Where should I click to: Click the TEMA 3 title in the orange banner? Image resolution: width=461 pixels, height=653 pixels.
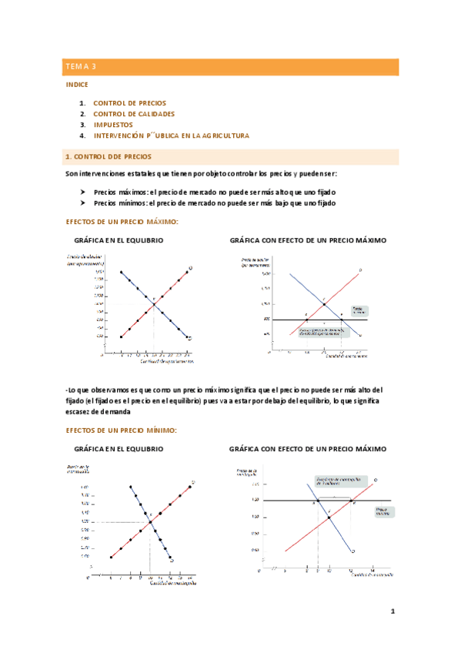point(81,68)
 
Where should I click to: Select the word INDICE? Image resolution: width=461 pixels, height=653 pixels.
point(78,84)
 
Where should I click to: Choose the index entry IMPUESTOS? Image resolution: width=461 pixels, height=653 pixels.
point(113,124)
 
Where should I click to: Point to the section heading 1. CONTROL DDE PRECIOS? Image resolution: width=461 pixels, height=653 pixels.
point(113,156)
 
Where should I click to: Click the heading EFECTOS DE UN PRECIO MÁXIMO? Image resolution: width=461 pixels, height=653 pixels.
point(122,222)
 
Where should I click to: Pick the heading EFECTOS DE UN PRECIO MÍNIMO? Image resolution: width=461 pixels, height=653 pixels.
point(122,430)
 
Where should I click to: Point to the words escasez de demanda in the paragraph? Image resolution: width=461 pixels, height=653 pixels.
point(100,411)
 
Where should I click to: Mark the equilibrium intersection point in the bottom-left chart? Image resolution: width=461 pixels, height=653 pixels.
point(150,523)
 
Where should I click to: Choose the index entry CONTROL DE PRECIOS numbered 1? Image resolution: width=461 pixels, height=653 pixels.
point(129,102)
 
